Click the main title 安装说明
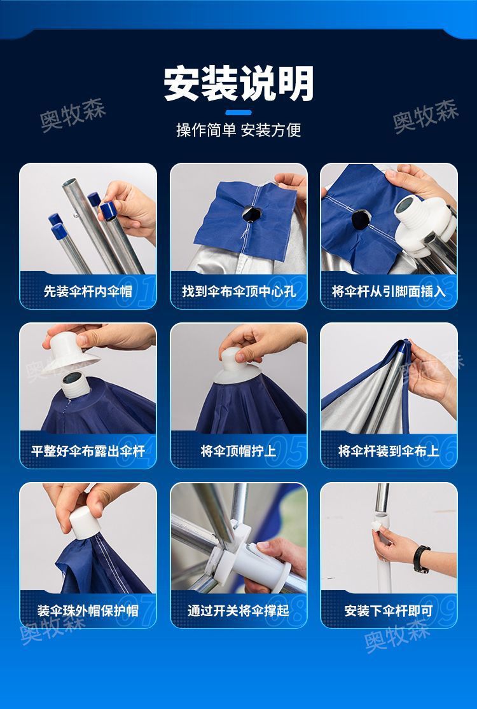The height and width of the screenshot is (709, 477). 238,83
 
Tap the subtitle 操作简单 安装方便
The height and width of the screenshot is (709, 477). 238,130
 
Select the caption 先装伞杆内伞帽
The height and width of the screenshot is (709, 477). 88,292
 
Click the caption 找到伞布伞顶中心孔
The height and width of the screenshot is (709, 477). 238,292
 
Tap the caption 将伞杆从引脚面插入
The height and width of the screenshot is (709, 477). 389,292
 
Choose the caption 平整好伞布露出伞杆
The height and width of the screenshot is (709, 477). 88,451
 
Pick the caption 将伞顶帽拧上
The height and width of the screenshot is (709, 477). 238,451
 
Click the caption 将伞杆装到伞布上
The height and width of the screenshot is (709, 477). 389,451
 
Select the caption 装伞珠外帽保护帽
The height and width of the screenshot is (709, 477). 88,611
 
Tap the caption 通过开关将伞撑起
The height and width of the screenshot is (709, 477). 238,611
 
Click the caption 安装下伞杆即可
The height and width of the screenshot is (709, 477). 389,611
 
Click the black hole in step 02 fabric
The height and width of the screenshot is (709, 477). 249,214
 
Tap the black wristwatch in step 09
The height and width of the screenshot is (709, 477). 421,558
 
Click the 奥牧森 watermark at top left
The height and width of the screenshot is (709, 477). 73,116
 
